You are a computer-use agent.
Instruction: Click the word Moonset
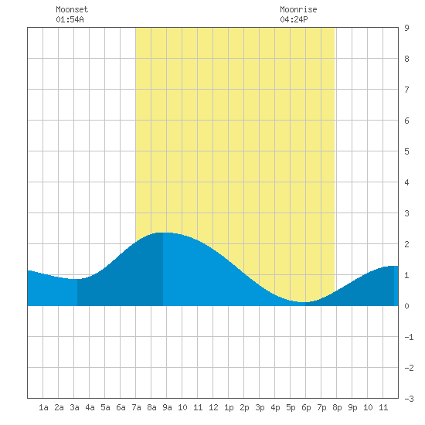click(x=72, y=9)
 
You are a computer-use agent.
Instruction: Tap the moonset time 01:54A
click(x=70, y=19)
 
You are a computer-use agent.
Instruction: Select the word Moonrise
click(x=298, y=9)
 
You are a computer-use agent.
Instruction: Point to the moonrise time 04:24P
click(x=294, y=19)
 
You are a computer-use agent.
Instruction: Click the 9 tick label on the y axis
click(x=406, y=28)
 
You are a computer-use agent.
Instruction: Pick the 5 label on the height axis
click(x=406, y=151)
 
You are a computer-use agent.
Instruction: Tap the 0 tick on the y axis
click(x=406, y=306)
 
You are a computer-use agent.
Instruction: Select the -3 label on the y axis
click(x=409, y=399)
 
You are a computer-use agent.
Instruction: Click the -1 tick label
click(x=409, y=337)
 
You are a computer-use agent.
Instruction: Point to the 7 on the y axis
click(x=406, y=90)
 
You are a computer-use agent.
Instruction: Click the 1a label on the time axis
click(x=43, y=407)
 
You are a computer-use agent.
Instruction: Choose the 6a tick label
click(x=121, y=407)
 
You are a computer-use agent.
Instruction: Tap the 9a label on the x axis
click(x=167, y=407)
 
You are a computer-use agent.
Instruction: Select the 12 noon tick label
click(x=213, y=407)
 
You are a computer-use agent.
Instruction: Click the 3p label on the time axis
click(x=260, y=407)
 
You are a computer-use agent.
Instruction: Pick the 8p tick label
click(x=337, y=407)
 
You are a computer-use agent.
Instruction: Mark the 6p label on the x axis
click(x=306, y=407)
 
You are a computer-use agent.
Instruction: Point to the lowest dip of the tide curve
click(x=304, y=302)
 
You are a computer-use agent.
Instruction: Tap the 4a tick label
click(x=90, y=407)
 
